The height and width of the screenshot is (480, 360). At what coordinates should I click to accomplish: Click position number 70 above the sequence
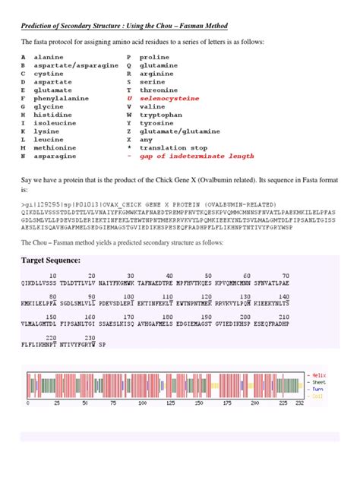pyautogui.click(x=286, y=276)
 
